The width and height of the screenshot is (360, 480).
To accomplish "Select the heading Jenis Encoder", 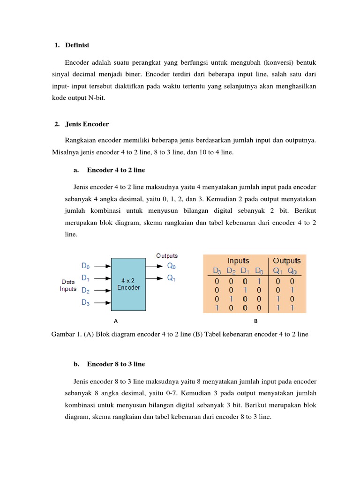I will click(87, 124).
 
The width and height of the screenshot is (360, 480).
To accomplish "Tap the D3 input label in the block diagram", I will click(86, 302).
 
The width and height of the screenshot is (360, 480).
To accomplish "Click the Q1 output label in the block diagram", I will click(172, 278).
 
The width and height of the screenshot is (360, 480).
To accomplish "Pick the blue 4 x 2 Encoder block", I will click(128, 284).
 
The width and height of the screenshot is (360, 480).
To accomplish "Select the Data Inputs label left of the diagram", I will click(68, 285).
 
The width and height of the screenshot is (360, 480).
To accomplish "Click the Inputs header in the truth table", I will click(238, 261).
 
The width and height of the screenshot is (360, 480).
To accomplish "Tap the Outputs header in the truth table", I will click(287, 261).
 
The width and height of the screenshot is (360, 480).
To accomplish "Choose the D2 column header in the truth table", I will click(231, 271).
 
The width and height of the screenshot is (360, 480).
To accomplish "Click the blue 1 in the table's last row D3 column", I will click(217, 307).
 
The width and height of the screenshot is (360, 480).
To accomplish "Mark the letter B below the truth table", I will click(256, 322).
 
